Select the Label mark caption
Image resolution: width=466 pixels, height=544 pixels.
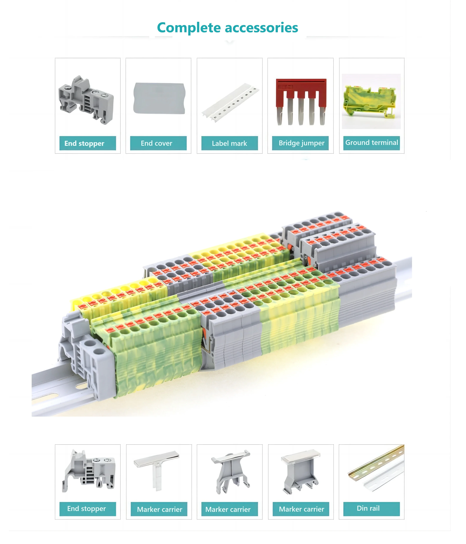(229, 143)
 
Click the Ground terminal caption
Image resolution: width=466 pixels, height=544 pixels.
(371, 143)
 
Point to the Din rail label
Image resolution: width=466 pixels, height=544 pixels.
(368, 508)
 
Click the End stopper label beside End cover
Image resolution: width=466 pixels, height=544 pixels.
(84, 143)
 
